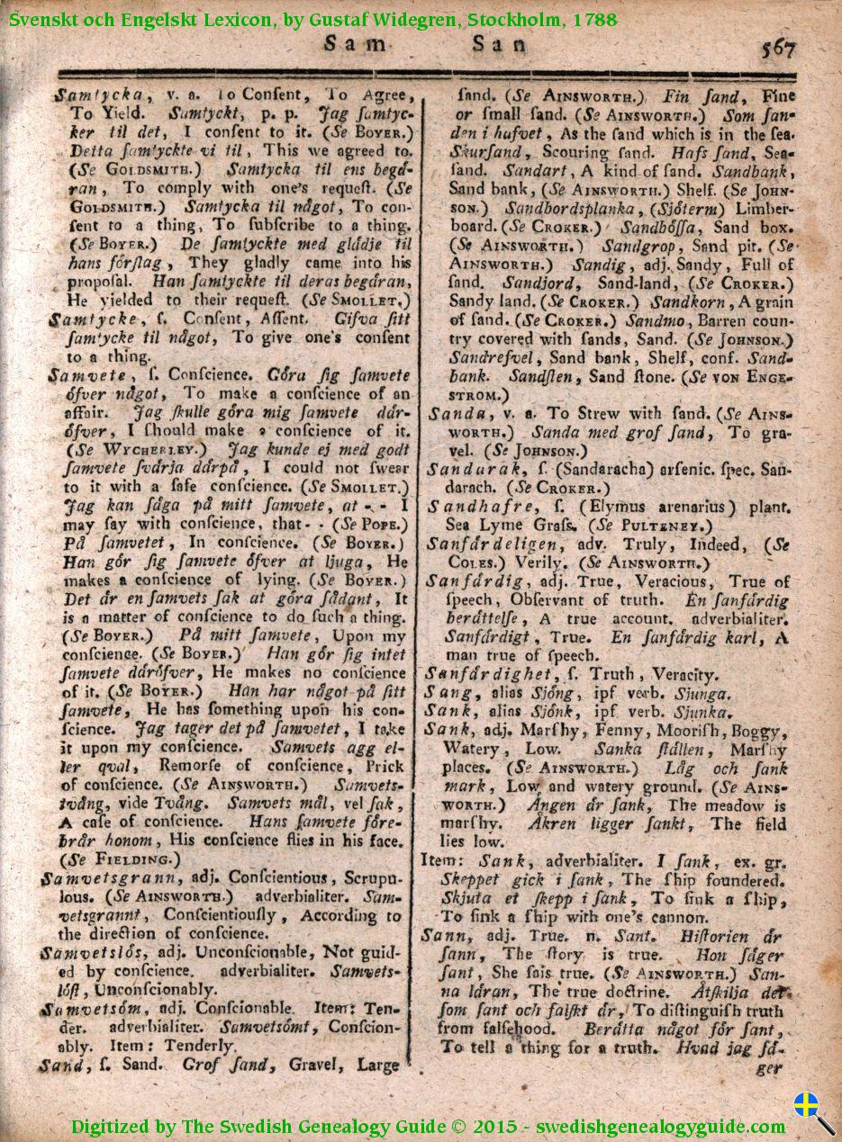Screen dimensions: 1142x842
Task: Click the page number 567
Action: coord(777,47)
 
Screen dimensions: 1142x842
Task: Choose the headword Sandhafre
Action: coord(469,508)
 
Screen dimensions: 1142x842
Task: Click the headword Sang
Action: coord(449,693)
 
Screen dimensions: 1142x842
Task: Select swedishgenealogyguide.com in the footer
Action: coord(660,1126)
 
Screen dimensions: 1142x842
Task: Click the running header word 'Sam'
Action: coord(347,41)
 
